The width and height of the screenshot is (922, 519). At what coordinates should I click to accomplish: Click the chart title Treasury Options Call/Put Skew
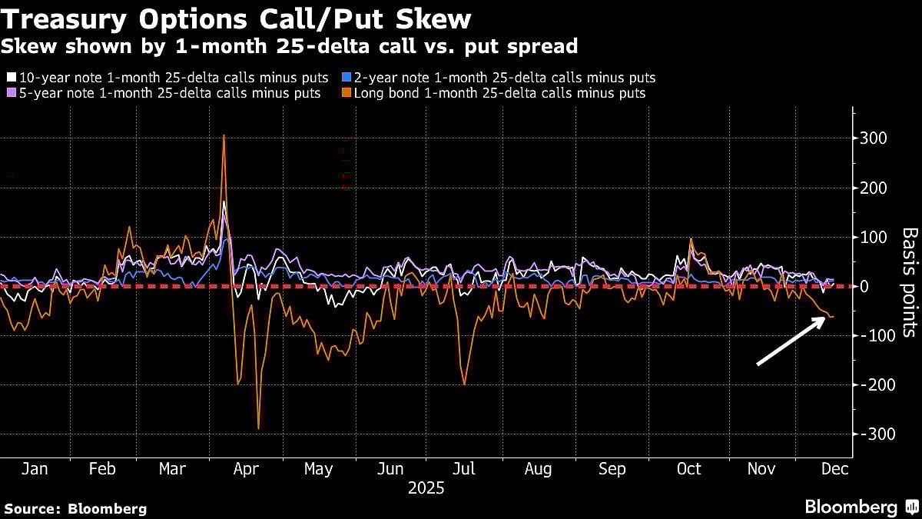point(237,18)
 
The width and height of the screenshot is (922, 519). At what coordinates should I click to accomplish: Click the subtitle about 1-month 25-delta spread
point(289,47)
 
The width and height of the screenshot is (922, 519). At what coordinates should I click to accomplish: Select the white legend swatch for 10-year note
point(11,78)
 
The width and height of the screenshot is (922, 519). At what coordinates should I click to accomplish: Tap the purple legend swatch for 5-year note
point(11,93)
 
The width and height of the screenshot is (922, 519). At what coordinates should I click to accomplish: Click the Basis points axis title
point(908,281)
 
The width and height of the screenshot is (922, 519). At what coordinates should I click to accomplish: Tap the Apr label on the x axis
point(246,469)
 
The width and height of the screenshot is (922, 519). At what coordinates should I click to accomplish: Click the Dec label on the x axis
point(834,469)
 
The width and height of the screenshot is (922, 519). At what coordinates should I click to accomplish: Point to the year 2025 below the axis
point(426,488)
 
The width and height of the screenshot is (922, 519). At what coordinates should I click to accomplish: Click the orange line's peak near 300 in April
point(224,135)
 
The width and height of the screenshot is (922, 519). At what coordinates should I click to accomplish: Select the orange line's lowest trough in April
point(258,428)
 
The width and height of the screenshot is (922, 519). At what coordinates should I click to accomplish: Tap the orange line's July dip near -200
point(464,384)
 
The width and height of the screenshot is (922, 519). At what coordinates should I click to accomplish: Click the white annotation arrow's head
point(824,320)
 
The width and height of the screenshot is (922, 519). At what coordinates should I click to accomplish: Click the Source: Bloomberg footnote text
point(75,509)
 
